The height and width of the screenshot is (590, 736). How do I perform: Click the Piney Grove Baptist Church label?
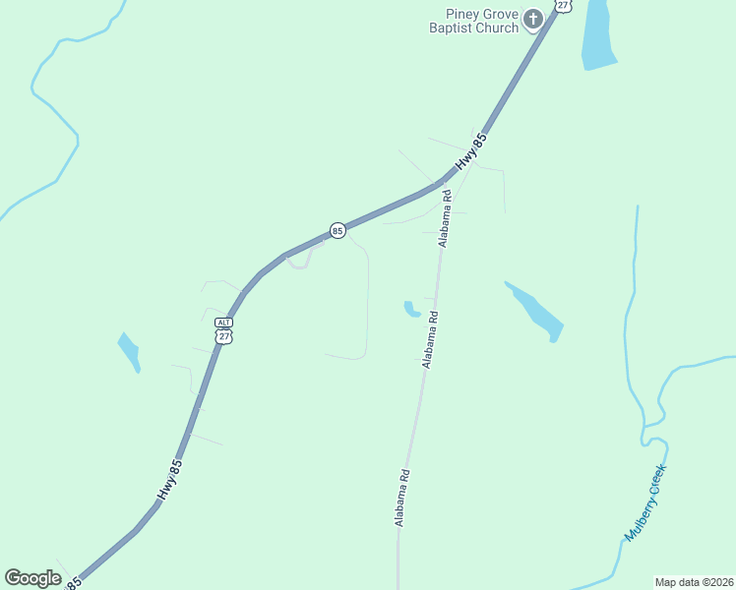click(x=473, y=21)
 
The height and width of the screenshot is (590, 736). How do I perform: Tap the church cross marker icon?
click(x=533, y=19)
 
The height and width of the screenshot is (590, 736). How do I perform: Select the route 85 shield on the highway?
click(x=337, y=230)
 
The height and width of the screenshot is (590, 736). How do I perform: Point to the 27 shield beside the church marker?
click(x=562, y=5)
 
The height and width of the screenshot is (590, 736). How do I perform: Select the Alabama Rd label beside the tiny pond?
click(x=430, y=339)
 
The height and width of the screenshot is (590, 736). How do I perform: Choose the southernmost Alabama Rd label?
click(x=401, y=498)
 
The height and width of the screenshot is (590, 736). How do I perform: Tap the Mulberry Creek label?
click(x=645, y=502)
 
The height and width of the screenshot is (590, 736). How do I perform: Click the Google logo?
click(x=32, y=578)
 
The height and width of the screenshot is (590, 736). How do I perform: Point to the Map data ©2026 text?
click(x=694, y=581)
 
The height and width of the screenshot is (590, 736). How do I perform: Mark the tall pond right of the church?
click(x=597, y=35)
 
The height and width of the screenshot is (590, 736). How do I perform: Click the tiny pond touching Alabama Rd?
click(x=410, y=310)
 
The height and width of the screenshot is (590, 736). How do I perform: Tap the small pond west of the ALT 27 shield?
click(x=129, y=352)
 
